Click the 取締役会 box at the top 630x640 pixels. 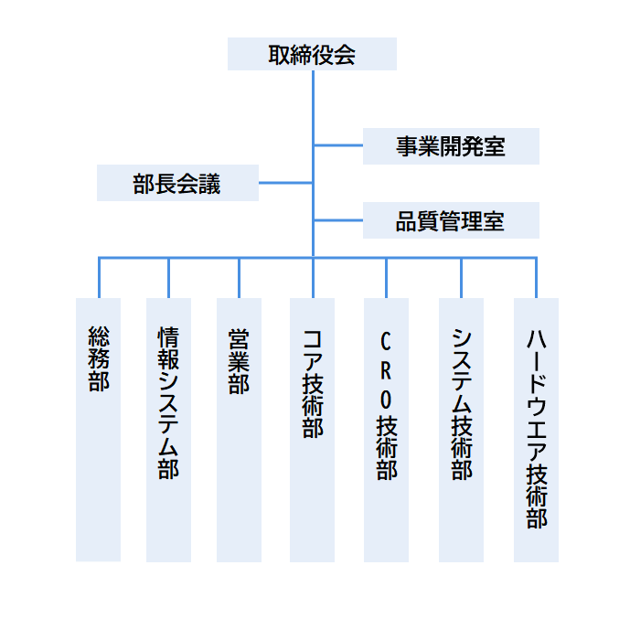click(312, 54)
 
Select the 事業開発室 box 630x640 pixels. click(451, 146)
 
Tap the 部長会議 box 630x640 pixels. click(177, 183)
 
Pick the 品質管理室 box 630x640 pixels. click(451, 220)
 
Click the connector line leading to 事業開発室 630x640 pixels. click(338, 145)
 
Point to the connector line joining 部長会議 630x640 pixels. click(285, 183)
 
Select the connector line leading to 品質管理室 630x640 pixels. click(338, 220)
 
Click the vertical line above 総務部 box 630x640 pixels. click(99, 278)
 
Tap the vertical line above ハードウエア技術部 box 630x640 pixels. click(536, 278)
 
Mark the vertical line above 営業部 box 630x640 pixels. click(239, 278)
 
